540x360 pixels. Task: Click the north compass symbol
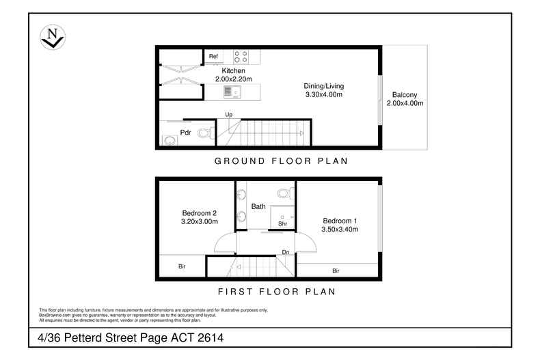pyautogui.click(x=53, y=37)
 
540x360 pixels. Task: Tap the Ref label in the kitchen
pyautogui.click(x=213, y=56)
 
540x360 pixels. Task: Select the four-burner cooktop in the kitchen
pyautogui.click(x=241, y=57)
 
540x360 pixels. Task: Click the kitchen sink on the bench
pyautogui.click(x=232, y=92)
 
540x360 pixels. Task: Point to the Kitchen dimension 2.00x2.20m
pyautogui.click(x=234, y=79)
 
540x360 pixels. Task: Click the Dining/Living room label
pyautogui.click(x=324, y=86)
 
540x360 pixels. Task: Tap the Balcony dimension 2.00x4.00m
pyautogui.click(x=405, y=103)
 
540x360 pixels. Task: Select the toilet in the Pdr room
pyautogui.click(x=206, y=133)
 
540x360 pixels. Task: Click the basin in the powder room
pyautogui.click(x=170, y=140)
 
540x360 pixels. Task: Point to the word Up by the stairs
pyautogui.click(x=229, y=115)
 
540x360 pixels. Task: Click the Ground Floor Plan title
pyautogui.click(x=281, y=161)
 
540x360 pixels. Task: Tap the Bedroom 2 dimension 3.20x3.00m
pyautogui.click(x=200, y=221)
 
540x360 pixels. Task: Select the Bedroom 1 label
pyautogui.click(x=340, y=221)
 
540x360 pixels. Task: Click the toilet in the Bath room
pyautogui.click(x=286, y=193)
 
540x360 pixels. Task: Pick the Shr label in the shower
pyautogui.click(x=282, y=223)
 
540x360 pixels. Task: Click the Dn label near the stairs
pyautogui.click(x=286, y=252)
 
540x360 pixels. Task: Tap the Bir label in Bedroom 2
pyautogui.click(x=182, y=266)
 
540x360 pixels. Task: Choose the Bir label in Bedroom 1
pyautogui.click(x=336, y=271)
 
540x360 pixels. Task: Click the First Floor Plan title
pyautogui.click(x=277, y=292)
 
